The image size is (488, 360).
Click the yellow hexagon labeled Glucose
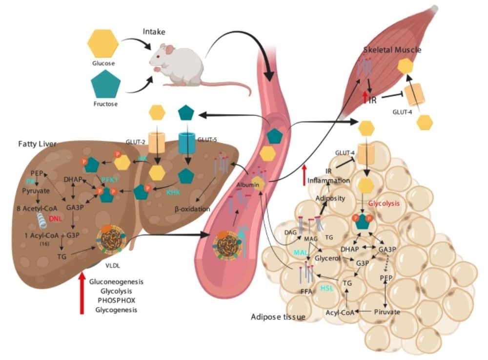(103, 42)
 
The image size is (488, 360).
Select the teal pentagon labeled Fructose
(106, 84)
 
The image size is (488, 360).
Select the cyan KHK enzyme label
(173, 192)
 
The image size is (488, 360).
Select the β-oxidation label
(192, 209)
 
